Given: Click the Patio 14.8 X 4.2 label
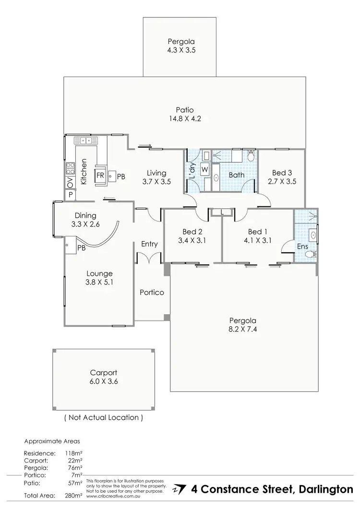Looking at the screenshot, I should pyautogui.click(x=184, y=114).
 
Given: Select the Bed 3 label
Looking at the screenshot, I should pyautogui.click(x=281, y=177).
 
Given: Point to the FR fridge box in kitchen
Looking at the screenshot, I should pyautogui.click(x=101, y=176).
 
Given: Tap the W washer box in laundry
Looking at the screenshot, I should pyautogui.click(x=204, y=169).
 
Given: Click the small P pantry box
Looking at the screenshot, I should pyautogui.click(x=70, y=195).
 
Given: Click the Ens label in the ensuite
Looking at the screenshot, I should pyautogui.click(x=303, y=246).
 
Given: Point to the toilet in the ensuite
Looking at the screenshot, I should pyautogui.click(x=312, y=254).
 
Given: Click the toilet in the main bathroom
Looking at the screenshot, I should pyautogui.click(x=250, y=156).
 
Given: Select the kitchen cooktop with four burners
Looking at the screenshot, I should pyautogui.click(x=70, y=168).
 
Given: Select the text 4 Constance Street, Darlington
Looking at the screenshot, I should pyautogui.click(x=272, y=489).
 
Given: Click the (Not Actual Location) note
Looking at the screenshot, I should pyautogui.click(x=104, y=417).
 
